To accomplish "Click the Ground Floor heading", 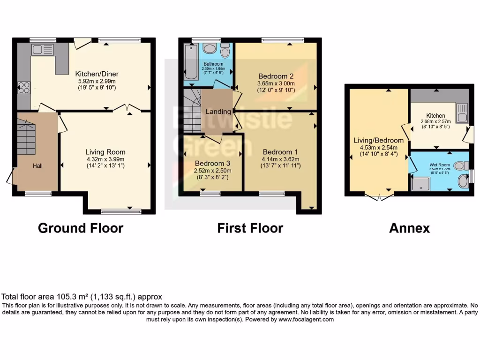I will click(80, 228).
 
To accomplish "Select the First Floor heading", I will click(250, 228).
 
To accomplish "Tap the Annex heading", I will click(409, 228).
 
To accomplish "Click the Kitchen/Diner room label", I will click(97, 74).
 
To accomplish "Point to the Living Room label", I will click(105, 152).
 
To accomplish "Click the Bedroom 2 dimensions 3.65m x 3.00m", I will click(276, 83).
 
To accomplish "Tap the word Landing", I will click(218, 112).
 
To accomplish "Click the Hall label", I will click(37, 165).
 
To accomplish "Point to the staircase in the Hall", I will click(26, 136).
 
